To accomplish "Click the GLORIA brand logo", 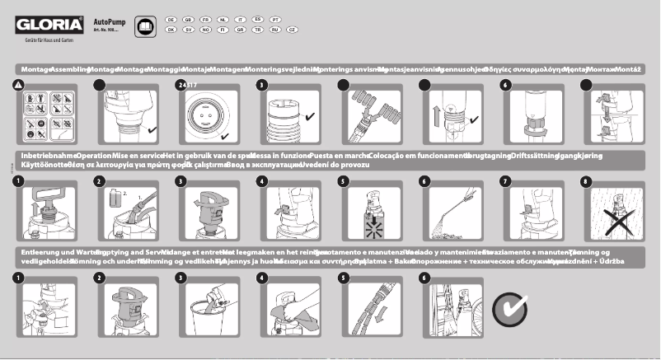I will point(47,25).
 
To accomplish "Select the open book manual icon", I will point(144,26).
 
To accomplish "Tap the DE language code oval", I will point(171,18).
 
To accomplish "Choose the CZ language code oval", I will point(292,29).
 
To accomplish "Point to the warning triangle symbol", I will point(18,85).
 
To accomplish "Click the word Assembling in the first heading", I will point(69,70).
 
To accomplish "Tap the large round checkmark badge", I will point(509,309).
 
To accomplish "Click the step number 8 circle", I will point(587,180).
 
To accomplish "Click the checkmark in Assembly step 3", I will point(310,118).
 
